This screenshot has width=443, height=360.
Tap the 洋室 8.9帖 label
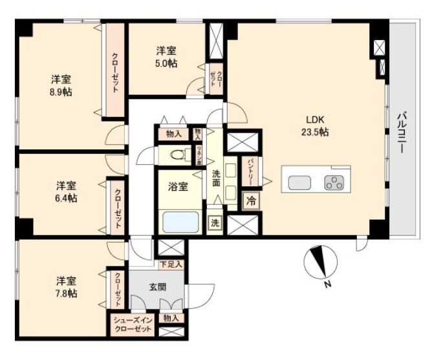point(61,85)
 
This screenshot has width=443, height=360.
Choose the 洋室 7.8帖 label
point(66,287)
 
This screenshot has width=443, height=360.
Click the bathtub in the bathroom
point(181,222)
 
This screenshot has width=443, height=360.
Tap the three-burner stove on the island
point(335,182)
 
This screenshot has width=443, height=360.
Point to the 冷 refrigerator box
point(251,201)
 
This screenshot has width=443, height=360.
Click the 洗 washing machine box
point(214,222)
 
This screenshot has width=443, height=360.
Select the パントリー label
point(250,172)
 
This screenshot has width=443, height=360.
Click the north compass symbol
point(320,264)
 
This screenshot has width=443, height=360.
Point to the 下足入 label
point(171,264)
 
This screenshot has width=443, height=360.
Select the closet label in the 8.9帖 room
point(114,72)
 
